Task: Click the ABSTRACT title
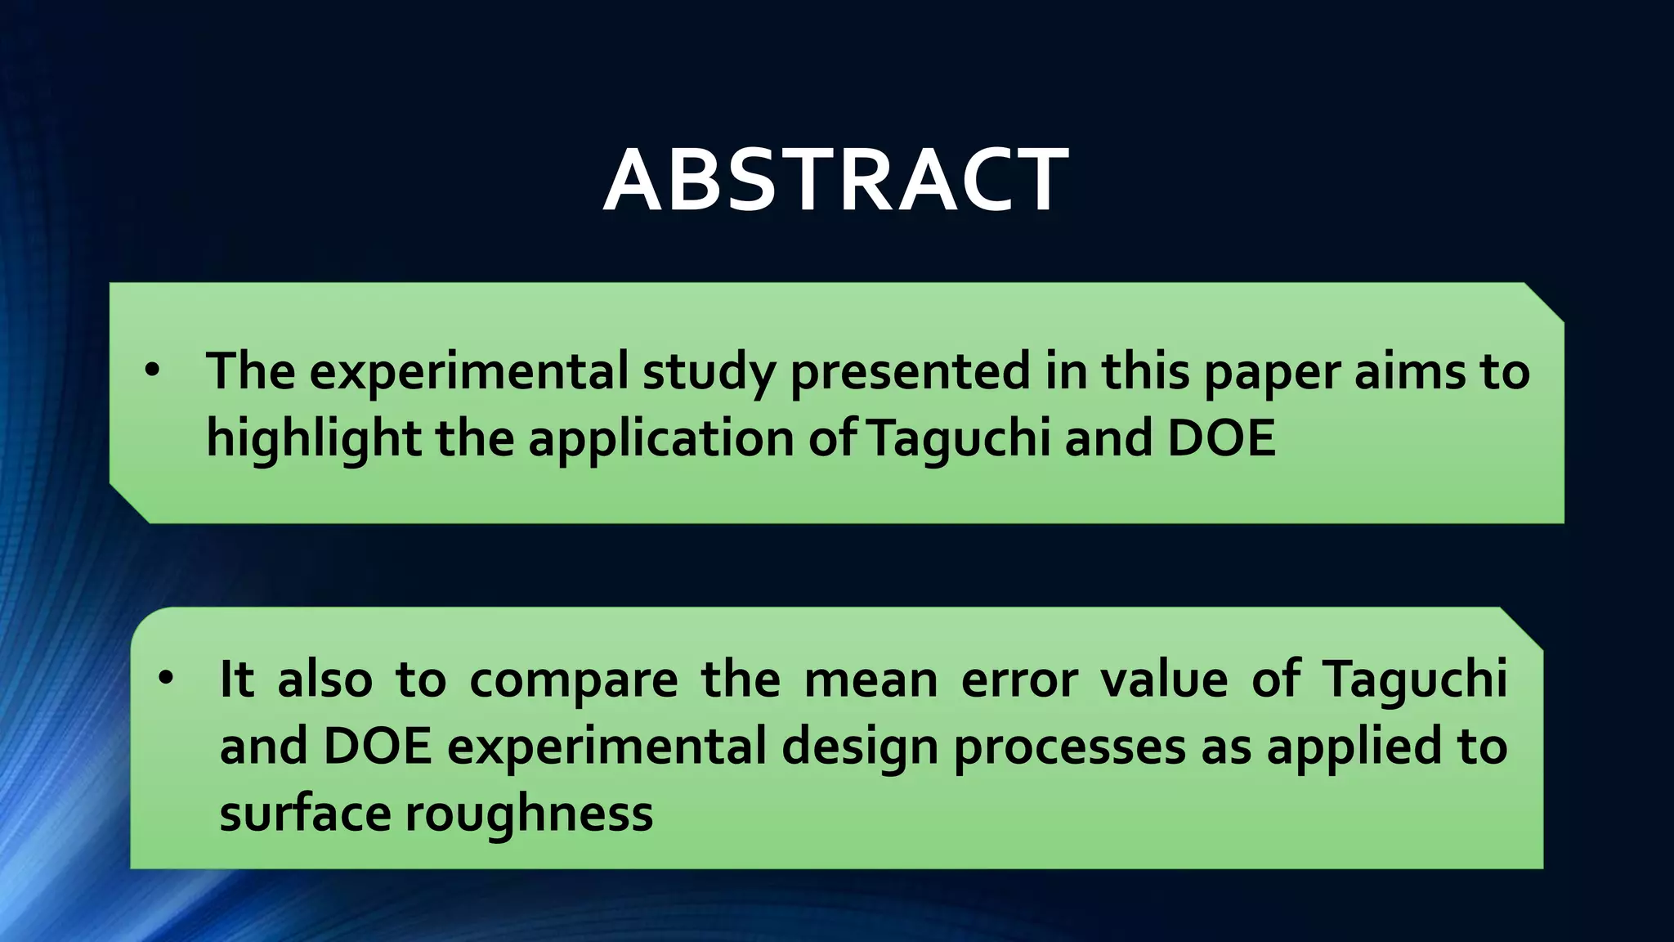[x=835, y=181]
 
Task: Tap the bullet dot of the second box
[x=167, y=679]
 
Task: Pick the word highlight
[x=313, y=439]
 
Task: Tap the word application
[x=661, y=439]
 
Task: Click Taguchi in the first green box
[x=958, y=439]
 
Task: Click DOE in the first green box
[x=1221, y=437]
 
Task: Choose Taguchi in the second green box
[x=1415, y=680]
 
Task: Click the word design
[x=860, y=748]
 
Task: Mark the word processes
[x=1069, y=748]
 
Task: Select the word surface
[x=304, y=814]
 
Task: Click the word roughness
[x=529, y=814]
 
